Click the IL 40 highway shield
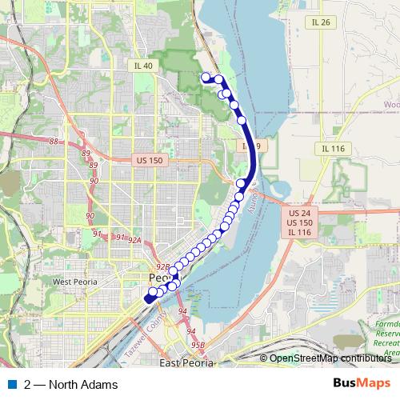point(144,65)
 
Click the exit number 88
point(54,142)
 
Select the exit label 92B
point(162,266)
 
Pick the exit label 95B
point(198,345)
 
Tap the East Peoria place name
point(186,363)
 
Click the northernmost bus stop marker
point(206,77)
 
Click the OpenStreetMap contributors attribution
point(328,358)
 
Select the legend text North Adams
point(82,385)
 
